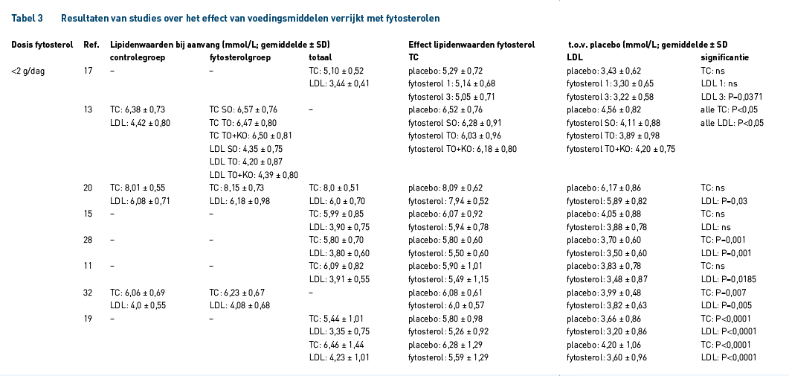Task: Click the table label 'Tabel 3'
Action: coord(28,18)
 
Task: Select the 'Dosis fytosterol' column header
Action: coord(42,45)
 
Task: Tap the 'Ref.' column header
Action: coord(91,45)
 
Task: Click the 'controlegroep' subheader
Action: coord(138,57)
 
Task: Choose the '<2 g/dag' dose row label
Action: coord(28,71)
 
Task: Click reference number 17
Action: coord(88,71)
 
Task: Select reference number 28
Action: coord(88,240)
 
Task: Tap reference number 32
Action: coord(88,293)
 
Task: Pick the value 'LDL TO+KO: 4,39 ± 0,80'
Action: coord(254,175)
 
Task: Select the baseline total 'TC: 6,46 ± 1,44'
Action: coord(336,345)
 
